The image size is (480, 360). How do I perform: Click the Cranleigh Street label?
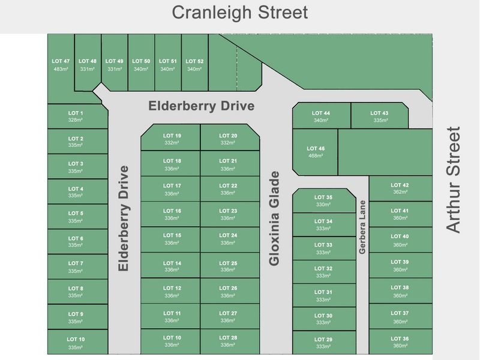point(240,12)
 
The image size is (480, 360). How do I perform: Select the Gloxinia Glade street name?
point(274,218)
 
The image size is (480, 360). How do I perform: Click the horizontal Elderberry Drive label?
point(202,106)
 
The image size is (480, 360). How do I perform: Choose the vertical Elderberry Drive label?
point(124,218)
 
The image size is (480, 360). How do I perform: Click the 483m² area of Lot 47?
point(61,69)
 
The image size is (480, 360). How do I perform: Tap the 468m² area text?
point(315,155)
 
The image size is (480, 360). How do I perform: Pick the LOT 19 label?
point(172,136)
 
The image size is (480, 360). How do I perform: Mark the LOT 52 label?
point(194,61)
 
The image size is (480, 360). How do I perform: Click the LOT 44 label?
point(321,113)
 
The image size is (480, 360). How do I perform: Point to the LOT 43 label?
point(379,113)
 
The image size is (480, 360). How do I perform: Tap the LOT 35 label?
point(323,197)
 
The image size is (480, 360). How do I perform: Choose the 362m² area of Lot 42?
point(400,192)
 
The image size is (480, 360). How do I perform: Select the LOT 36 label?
point(400,338)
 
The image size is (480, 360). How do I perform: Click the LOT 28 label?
point(228,338)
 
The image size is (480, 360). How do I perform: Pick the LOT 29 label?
point(323,340)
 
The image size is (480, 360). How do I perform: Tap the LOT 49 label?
point(114,61)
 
